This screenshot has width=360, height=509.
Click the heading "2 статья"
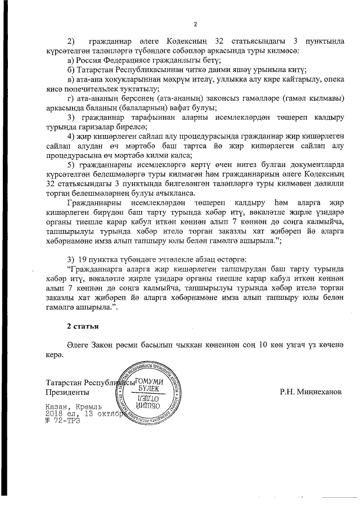pyautogui.click(x=83, y=326)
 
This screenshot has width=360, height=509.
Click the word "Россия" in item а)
pyautogui.click(x=91, y=60)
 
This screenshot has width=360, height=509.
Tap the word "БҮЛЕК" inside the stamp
pyautogui.click(x=149, y=389)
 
